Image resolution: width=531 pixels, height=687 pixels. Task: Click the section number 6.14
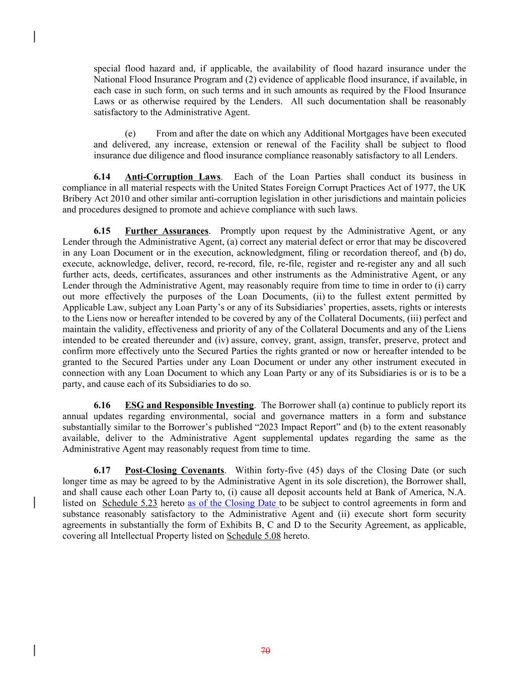(x=102, y=177)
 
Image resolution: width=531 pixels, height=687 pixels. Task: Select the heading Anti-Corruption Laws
(x=173, y=177)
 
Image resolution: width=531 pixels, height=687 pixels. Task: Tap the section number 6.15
(x=102, y=231)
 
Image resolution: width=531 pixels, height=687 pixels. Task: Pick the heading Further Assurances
(x=167, y=231)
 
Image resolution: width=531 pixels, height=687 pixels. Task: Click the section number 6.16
(x=102, y=405)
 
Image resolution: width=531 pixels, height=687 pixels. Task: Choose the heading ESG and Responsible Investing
(x=189, y=405)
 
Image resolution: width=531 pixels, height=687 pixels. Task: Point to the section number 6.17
(x=102, y=471)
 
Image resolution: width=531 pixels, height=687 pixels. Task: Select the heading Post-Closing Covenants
(x=174, y=471)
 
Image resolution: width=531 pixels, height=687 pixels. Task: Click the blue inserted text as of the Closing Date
(x=233, y=503)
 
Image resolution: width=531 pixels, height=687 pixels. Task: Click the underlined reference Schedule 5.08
(x=254, y=536)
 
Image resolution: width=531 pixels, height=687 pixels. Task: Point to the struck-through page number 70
(x=266, y=651)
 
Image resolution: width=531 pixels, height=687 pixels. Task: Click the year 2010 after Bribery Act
(x=117, y=199)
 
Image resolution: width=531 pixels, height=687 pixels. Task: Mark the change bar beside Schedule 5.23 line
(x=34, y=503)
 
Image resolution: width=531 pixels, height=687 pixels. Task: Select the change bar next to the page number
(x=34, y=650)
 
